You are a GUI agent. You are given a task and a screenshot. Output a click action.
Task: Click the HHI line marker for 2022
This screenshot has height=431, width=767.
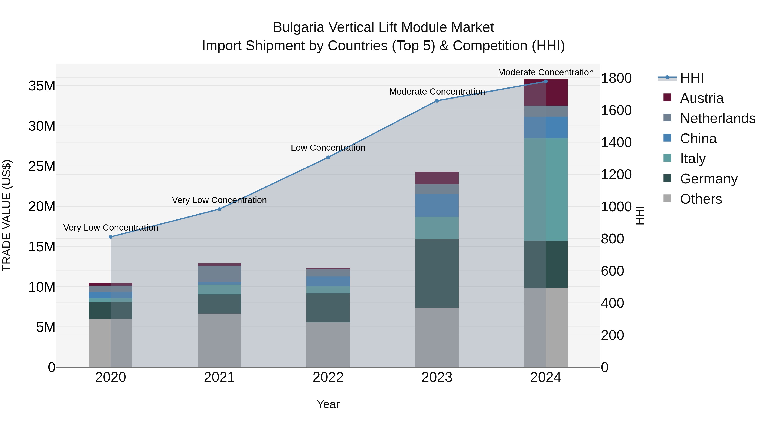pos(328,157)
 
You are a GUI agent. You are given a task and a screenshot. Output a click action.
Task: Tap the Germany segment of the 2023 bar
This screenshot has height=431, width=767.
pos(437,273)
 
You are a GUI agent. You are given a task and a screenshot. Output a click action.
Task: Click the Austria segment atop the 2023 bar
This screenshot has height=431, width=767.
pos(437,178)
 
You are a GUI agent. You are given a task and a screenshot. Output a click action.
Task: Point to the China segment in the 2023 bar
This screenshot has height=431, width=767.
pos(437,206)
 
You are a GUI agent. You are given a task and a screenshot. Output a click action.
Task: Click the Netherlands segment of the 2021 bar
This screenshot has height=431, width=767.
pos(219,274)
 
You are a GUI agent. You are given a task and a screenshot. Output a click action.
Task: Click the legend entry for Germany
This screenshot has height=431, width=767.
pos(708,179)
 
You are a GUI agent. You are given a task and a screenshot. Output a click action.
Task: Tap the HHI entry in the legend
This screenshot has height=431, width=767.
pos(691,78)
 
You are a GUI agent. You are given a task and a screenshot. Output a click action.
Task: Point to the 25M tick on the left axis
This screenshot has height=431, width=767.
pos(42,166)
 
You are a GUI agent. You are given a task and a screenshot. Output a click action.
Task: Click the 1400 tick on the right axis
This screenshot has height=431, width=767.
pos(616,142)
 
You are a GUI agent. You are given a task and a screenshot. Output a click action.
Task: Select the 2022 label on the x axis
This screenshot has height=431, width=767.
pos(328,377)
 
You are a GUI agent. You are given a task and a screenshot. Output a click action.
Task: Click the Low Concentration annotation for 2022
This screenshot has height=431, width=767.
pos(328,148)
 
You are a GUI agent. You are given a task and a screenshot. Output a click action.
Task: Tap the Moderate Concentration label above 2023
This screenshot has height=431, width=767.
pos(437,92)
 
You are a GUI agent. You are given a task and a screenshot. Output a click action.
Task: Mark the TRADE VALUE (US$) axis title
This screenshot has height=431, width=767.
pos(7,215)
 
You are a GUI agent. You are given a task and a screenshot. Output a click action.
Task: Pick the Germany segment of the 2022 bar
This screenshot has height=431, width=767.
pos(328,308)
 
